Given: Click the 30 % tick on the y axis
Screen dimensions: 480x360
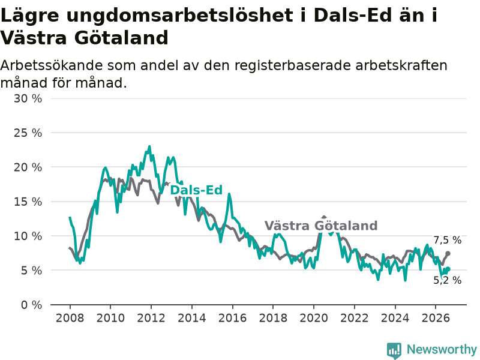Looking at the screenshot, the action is point(28,98).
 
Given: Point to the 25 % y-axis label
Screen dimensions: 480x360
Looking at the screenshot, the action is point(28,133).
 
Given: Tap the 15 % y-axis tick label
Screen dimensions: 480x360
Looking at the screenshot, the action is point(28,202).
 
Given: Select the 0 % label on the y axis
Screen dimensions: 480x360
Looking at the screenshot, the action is point(32,305).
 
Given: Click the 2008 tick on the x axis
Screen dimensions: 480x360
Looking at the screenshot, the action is point(70,318).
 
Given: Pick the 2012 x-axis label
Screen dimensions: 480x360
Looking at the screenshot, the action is point(151,318).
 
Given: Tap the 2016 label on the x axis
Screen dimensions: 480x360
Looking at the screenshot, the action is point(232,318).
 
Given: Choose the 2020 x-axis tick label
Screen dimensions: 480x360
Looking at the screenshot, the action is point(314,318).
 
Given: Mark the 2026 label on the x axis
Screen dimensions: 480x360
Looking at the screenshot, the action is point(436,318).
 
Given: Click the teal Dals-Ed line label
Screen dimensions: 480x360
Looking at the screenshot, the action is point(196,190).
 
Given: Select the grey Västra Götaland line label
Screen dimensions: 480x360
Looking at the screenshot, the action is point(321,226).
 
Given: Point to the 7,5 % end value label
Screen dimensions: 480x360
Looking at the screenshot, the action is point(447,241).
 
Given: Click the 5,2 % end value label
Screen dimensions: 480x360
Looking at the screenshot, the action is point(447,280).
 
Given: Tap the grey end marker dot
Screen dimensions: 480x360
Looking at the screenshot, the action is point(448,253).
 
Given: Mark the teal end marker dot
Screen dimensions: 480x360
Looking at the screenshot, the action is point(448,269).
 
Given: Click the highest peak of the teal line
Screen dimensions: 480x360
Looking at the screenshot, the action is point(149,146).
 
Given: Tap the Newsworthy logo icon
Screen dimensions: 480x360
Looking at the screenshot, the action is point(394,350).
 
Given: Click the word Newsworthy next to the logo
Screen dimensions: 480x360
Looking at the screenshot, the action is point(442,349).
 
